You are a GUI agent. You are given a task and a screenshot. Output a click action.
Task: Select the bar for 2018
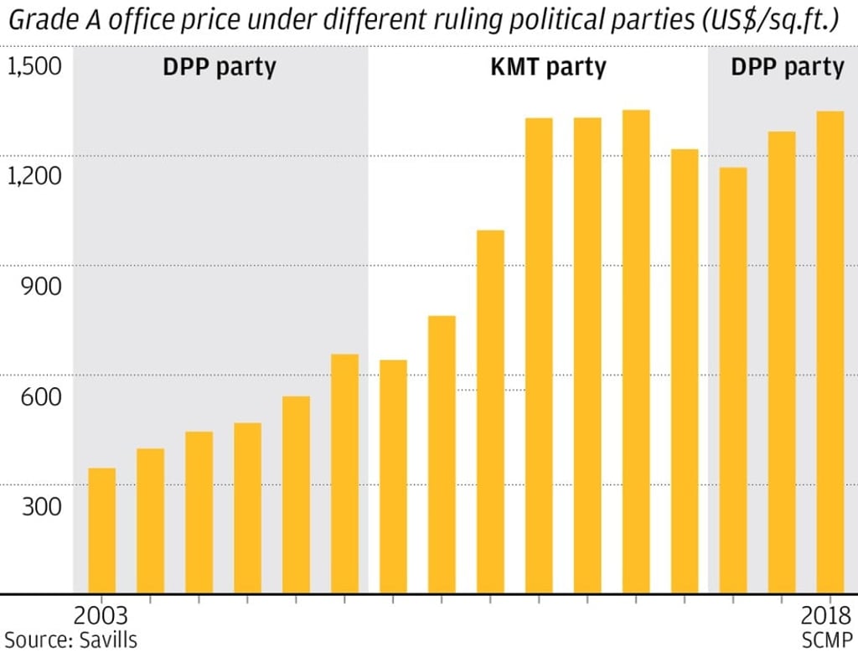[830, 352]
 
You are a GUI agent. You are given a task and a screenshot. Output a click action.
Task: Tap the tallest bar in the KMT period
[636, 352]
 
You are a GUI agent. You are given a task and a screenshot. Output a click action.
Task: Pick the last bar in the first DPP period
[344, 474]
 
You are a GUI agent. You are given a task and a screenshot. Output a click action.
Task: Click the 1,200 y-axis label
[34, 176]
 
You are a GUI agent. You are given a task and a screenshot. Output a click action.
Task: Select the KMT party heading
[548, 68]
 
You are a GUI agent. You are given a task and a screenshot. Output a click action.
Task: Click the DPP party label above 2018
[788, 68]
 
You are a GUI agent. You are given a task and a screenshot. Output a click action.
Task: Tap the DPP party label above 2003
[219, 68]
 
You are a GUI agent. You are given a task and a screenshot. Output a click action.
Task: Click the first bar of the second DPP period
[733, 381]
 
